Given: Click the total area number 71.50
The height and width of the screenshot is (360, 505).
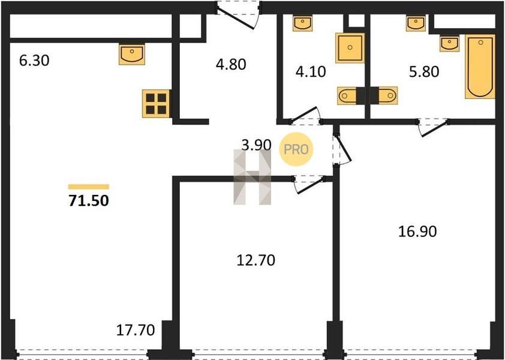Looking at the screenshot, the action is point(89,200).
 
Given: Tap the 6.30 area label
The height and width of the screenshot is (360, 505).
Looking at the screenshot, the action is point(34,60).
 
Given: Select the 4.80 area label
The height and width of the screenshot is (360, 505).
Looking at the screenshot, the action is point(231,64).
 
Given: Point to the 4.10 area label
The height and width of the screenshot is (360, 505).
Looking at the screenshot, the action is point(311,71).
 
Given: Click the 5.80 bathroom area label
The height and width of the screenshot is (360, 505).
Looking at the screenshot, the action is point(424,71).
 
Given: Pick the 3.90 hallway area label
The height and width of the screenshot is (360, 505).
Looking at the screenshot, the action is point(256,145).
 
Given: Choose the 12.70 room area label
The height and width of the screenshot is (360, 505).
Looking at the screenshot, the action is point(255,260).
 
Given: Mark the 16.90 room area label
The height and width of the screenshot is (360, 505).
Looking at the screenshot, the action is point(417,232).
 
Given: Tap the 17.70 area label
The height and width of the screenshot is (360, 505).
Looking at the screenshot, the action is point(136,330).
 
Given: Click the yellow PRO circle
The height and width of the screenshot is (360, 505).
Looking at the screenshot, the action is point(296,149).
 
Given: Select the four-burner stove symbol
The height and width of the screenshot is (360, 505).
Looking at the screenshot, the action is point(156,103).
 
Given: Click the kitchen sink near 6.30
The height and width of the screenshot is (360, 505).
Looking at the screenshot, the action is point(132,55).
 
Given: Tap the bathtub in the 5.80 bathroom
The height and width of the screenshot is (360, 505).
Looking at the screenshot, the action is point(480,67).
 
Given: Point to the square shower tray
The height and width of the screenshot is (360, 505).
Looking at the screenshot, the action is point(350,47).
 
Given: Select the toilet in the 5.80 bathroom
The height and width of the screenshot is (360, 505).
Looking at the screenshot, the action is point(385,96).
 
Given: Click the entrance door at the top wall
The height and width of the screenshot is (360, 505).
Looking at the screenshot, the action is point(238,15).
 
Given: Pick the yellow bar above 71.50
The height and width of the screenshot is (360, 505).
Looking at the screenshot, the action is point(89,187).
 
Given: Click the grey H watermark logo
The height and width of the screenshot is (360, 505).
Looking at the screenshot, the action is point(252,177).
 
